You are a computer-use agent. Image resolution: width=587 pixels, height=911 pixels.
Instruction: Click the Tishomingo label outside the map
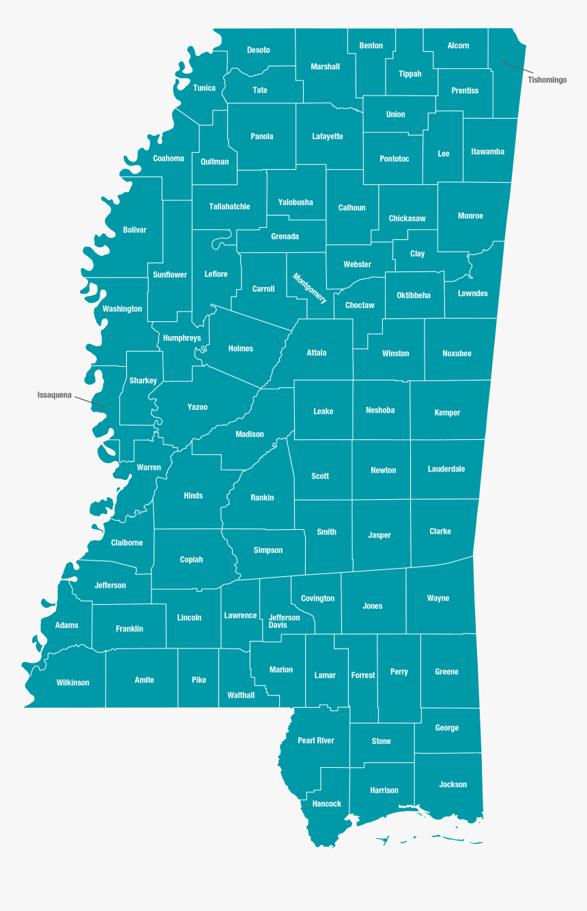click(547, 80)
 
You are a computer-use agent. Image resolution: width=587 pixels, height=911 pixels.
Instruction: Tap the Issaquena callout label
click(55, 395)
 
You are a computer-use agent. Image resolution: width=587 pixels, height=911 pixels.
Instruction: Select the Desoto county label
click(259, 50)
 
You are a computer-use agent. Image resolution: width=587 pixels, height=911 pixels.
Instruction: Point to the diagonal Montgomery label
click(310, 288)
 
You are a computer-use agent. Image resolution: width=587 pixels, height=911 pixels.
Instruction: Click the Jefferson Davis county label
click(284, 621)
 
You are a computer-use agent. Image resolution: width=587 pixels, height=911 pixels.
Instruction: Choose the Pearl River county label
click(316, 741)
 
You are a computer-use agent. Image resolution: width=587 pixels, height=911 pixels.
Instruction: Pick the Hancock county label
click(327, 804)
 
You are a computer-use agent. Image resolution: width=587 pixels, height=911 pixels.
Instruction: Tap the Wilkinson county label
click(73, 683)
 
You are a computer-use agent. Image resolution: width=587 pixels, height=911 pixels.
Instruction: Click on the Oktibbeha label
click(414, 295)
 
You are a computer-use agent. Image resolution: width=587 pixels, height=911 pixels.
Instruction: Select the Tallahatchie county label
click(229, 207)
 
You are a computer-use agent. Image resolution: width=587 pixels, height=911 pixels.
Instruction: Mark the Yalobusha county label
click(296, 203)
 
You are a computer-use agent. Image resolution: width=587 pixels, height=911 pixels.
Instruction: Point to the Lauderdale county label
click(446, 469)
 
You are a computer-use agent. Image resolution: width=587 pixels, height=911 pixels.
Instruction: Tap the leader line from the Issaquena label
click(90, 402)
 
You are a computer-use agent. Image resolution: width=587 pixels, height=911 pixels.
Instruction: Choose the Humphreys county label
click(182, 338)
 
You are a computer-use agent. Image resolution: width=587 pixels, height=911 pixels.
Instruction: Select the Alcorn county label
click(458, 46)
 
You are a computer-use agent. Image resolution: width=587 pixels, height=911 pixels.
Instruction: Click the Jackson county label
click(453, 784)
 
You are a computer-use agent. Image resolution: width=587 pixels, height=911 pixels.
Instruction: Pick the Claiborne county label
click(127, 543)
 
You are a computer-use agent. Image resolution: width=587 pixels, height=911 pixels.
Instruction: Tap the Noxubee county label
click(457, 353)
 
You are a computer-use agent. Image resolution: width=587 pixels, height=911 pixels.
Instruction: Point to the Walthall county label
click(241, 696)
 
